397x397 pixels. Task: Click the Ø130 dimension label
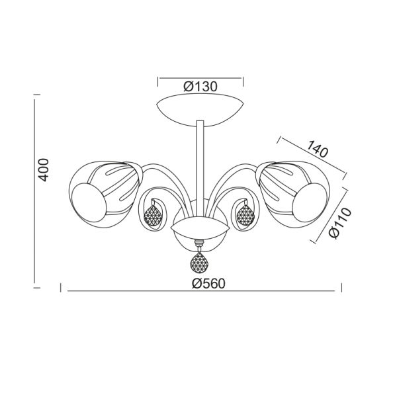(200, 87)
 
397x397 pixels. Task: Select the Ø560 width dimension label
(208, 284)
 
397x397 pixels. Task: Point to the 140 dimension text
(318, 149)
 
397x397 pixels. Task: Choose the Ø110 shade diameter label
(340, 223)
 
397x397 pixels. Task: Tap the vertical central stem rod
(200, 168)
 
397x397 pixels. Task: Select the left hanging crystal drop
(153, 215)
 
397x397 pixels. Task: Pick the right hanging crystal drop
(245, 215)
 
